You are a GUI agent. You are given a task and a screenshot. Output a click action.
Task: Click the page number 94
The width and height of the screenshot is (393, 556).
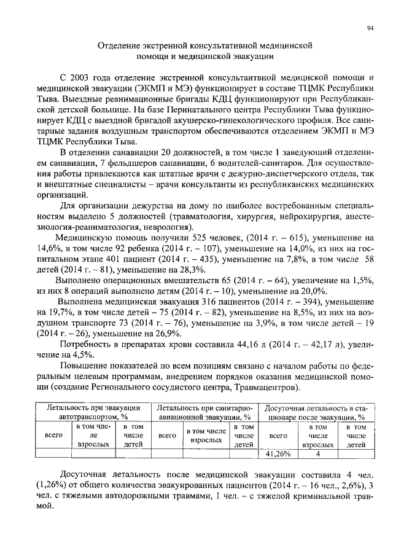pos(370,28)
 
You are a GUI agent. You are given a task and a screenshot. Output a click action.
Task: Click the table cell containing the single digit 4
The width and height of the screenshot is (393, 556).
pos(318,454)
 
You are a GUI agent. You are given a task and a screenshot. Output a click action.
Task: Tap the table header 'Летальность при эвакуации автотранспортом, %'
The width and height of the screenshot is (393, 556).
pos(95,411)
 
